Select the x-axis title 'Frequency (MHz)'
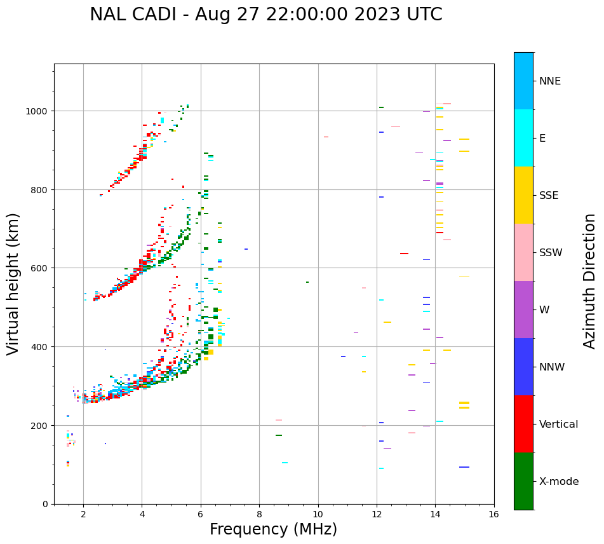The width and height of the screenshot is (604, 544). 273,529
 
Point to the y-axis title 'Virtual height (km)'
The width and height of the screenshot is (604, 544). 13,283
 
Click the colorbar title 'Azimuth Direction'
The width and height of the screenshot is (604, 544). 590,281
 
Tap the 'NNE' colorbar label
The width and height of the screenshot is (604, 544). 550,81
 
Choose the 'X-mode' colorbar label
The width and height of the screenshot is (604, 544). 559,481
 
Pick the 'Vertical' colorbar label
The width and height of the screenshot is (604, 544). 558,424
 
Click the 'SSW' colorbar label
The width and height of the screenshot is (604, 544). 551,252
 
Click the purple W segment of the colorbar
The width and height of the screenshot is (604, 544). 523,309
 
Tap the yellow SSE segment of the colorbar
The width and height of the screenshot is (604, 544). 523,195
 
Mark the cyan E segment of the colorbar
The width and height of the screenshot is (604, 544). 523,138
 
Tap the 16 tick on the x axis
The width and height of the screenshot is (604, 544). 493,515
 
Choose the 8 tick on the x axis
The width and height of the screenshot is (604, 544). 259,515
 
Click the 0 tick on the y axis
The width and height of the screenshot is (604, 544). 45,504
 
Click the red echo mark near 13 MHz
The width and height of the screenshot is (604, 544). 404,254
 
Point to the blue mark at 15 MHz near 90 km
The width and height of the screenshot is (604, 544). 464,467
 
